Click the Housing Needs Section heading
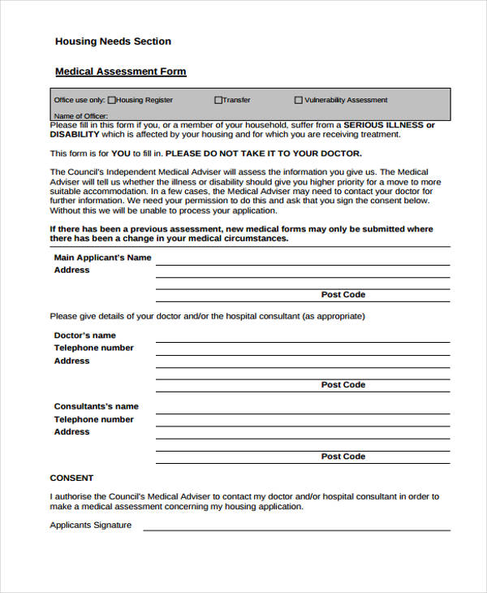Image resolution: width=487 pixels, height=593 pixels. [113, 41]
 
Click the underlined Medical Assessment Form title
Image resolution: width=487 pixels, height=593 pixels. [120, 71]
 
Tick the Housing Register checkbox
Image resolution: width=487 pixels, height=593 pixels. [112, 100]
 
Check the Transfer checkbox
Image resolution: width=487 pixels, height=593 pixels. [218, 100]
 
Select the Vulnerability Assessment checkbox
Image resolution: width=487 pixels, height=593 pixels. [298, 100]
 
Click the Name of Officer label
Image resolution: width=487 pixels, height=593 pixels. [80, 115]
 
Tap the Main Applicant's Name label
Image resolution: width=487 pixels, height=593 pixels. [102, 258]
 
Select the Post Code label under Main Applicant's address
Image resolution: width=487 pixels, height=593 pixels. [343, 295]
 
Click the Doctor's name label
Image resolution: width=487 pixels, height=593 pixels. [84, 335]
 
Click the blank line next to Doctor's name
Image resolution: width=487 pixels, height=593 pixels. [302, 341]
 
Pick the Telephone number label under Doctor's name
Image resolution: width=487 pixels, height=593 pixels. [93, 348]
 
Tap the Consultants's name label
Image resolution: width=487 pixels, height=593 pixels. [96, 406]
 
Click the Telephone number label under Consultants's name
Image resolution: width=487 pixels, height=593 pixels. [93, 419]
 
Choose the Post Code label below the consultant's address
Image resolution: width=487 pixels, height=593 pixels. [343, 457]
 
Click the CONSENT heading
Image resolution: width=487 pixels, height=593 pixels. [71, 478]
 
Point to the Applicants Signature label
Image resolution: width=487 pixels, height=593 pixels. [90, 525]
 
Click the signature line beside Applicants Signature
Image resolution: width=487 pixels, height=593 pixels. [296, 530]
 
